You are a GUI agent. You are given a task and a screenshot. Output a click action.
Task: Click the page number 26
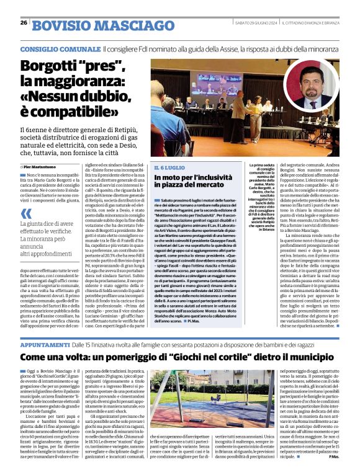pos(24,23)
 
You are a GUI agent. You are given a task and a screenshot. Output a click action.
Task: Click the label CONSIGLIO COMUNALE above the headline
pos(60,49)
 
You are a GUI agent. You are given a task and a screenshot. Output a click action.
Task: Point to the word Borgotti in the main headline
pos(52,68)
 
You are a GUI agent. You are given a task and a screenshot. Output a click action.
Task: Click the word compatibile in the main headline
pos(80,111)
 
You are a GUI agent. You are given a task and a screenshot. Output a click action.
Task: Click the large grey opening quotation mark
pos(26,210)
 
